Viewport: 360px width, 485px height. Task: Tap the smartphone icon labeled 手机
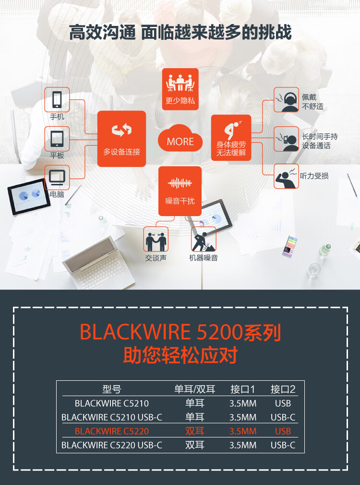[x=57, y=100]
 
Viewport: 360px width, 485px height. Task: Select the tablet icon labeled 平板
[x=57, y=139]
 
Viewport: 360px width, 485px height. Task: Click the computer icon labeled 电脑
[x=57, y=178]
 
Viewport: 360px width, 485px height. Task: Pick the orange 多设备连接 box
[x=121, y=138]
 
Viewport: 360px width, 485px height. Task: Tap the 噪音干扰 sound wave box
[x=180, y=191]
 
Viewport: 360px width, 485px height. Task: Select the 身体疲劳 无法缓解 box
[x=231, y=138]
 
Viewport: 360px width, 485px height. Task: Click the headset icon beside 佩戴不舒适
[x=287, y=100]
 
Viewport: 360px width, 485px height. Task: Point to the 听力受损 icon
[x=287, y=176]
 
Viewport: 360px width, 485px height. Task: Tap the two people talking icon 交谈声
[x=156, y=239]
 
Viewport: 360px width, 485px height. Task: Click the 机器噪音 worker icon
[x=204, y=239]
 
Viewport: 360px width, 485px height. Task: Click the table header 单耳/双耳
[x=195, y=389]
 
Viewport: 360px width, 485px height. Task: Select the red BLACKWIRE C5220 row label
[x=112, y=431]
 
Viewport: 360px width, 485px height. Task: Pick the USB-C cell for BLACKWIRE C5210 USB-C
[x=283, y=417]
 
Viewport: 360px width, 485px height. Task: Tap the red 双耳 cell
[x=195, y=431]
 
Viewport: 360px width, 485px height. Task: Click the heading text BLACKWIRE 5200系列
[x=180, y=332]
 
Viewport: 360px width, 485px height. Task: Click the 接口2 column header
[x=283, y=389]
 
